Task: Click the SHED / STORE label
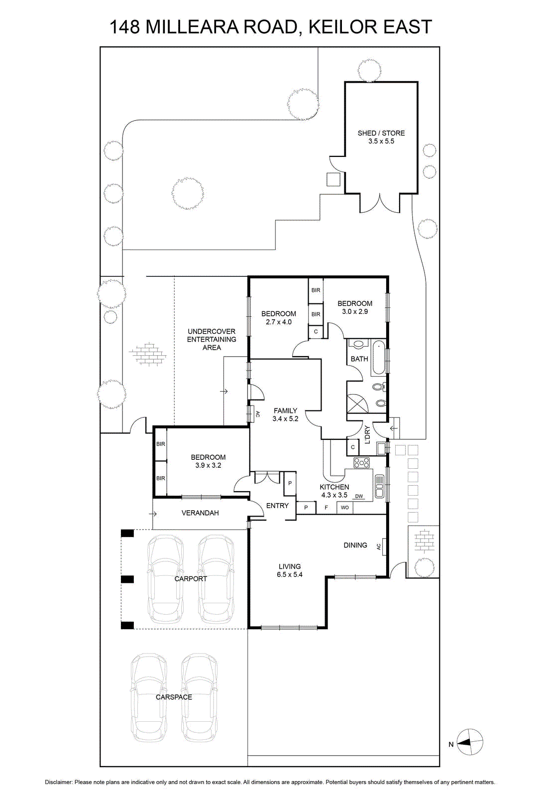point(381,133)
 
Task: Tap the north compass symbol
point(469,742)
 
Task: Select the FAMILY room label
point(285,410)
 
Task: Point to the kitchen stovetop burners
point(361,463)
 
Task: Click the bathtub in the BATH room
point(378,357)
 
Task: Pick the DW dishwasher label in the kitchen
point(359,496)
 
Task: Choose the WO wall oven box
point(345,508)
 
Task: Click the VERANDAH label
point(200,513)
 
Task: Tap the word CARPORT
point(191,579)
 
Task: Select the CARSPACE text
point(174,697)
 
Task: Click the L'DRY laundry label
point(367,435)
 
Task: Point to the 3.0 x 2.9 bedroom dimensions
point(355,311)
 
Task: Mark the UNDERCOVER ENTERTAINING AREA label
point(212,339)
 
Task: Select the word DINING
point(355,545)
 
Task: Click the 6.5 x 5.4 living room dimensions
point(290,574)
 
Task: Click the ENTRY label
point(277,506)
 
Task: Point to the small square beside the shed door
point(333,179)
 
